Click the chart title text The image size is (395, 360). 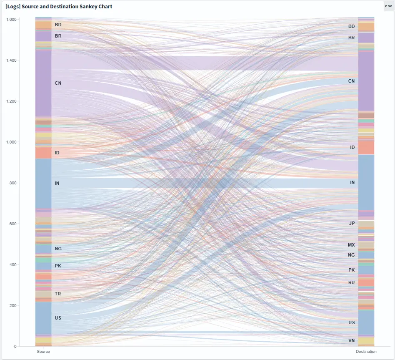[59, 7]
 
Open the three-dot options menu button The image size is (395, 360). [388, 6]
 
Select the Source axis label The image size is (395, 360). [43, 352]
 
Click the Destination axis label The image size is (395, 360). [366, 352]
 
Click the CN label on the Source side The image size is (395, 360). [58, 83]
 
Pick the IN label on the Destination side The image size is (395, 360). [352, 183]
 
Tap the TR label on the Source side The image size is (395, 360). [58, 294]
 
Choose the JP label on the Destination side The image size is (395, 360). [352, 223]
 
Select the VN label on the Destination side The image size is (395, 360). [352, 341]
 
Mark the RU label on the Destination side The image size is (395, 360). [352, 282]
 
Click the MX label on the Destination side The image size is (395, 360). [351, 245]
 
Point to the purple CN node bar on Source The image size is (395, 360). [43, 83]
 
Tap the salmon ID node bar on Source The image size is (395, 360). [43, 153]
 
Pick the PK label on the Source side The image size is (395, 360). [58, 266]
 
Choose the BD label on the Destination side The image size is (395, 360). [352, 26]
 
